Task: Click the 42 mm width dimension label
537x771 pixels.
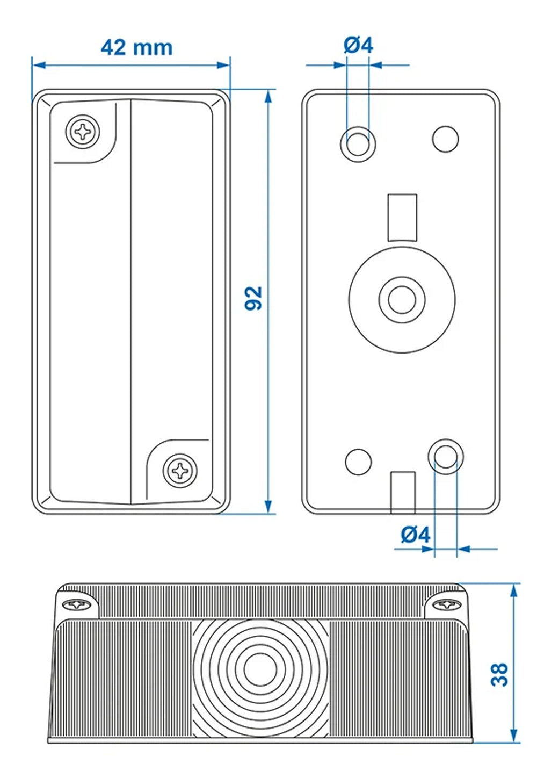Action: [136, 47]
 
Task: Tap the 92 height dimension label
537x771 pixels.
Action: [253, 298]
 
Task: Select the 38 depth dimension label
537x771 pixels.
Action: [499, 674]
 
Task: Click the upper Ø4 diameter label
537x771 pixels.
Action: [358, 45]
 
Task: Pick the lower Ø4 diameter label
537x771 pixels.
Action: [416, 535]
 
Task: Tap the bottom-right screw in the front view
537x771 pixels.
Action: [180, 471]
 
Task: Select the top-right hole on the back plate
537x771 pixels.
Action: [445, 139]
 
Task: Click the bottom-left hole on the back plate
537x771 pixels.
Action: [358, 461]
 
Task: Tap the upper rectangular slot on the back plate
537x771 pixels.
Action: [402, 217]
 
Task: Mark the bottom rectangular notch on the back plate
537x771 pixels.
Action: [403, 491]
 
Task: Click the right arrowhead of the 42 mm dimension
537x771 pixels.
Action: [223, 65]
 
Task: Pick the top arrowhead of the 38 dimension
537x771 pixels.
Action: [514, 590]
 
